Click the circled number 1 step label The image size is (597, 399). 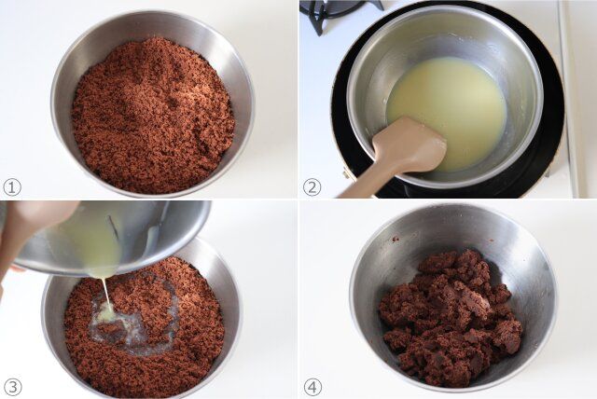point(12,186)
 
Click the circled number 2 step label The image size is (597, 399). point(312,186)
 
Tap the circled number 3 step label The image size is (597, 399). point(12,387)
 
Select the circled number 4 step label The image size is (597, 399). point(312,387)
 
